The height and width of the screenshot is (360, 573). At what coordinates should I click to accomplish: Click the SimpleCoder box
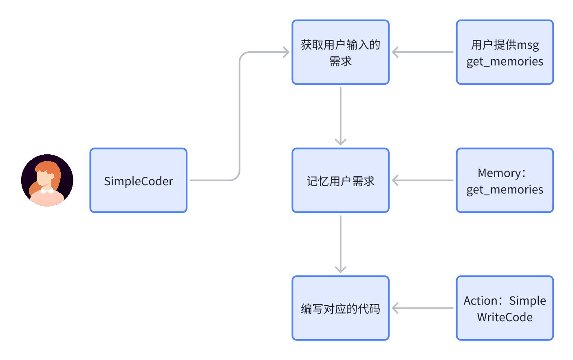(x=138, y=180)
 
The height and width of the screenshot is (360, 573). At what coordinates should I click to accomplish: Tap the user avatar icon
(x=47, y=180)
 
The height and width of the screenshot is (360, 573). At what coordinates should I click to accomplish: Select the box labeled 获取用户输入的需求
(x=340, y=52)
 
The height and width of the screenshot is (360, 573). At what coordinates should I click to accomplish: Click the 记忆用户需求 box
(x=340, y=180)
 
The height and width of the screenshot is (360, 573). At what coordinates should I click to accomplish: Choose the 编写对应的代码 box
(x=340, y=308)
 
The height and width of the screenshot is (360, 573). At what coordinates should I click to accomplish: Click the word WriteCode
(x=505, y=317)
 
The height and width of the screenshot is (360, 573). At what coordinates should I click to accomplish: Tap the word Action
(x=480, y=301)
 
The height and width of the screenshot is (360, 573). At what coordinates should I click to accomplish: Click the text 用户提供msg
(x=505, y=45)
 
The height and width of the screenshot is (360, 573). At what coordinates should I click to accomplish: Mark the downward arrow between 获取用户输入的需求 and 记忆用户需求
(x=340, y=116)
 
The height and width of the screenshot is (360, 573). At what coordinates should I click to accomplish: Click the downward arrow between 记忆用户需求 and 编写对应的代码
(x=340, y=244)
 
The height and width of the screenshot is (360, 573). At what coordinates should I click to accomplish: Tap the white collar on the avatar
(x=47, y=190)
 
